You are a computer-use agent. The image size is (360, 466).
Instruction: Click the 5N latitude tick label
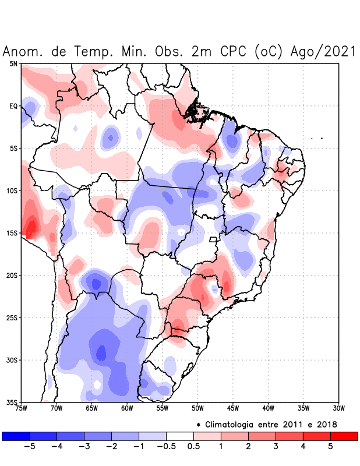coord(13,63)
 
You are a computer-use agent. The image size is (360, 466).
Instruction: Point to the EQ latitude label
coord(13,106)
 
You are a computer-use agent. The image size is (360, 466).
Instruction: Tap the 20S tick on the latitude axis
coord(12,275)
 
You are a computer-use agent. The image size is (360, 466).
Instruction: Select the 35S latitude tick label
coord(12,402)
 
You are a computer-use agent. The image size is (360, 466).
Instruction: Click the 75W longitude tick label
coord(21,408)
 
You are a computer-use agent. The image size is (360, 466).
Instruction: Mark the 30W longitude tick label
coord(338,408)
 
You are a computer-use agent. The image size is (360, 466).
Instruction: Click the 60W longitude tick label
coord(126,408)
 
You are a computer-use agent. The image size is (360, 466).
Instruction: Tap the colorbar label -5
coord(30,446)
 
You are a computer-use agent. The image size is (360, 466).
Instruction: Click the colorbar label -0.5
coord(166,446)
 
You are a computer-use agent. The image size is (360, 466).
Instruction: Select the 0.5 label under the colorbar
coord(193,446)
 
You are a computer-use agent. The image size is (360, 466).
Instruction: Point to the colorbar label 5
coord(330,446)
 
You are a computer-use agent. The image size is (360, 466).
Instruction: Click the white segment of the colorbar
coord(180,436)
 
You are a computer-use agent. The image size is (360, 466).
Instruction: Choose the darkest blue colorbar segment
coord(16,436)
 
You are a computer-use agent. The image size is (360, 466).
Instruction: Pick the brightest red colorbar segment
coord(344,436)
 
